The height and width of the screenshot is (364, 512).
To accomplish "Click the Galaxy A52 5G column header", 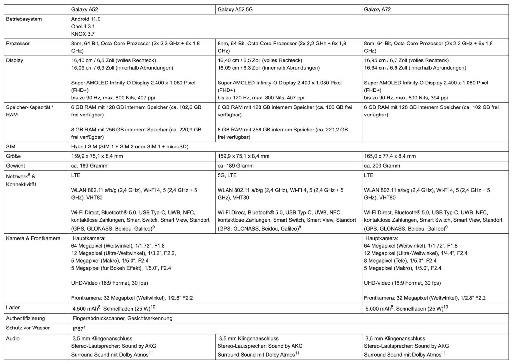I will pos(235,9).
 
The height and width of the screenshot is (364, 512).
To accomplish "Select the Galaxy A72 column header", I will pos(377,9).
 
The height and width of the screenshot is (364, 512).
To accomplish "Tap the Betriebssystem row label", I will pos(24,19).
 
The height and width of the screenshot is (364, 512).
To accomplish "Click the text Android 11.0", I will pos(85,19).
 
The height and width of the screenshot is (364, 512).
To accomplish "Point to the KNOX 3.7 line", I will pos(83,34).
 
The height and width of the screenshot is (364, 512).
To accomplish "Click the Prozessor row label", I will pos(18,44).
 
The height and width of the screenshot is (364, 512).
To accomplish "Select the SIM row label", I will pos(11,147).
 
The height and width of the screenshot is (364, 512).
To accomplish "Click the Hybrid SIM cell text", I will pos(130,147).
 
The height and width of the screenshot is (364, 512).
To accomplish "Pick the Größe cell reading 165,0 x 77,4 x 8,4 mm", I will pos(390,156).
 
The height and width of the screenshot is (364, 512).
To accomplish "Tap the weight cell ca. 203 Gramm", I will pos(382,166).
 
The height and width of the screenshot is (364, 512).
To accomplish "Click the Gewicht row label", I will pos(15,166).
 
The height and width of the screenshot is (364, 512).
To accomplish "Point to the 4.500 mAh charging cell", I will pos(114,309).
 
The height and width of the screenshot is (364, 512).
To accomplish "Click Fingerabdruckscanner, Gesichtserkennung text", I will pos(122,318).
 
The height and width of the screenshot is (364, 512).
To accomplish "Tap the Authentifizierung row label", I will pos(26,318).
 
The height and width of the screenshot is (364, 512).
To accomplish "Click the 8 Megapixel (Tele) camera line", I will pos(400,261).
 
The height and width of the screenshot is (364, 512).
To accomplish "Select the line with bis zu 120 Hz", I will pos(261,98).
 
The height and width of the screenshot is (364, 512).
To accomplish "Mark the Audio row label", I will pos(13,338).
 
